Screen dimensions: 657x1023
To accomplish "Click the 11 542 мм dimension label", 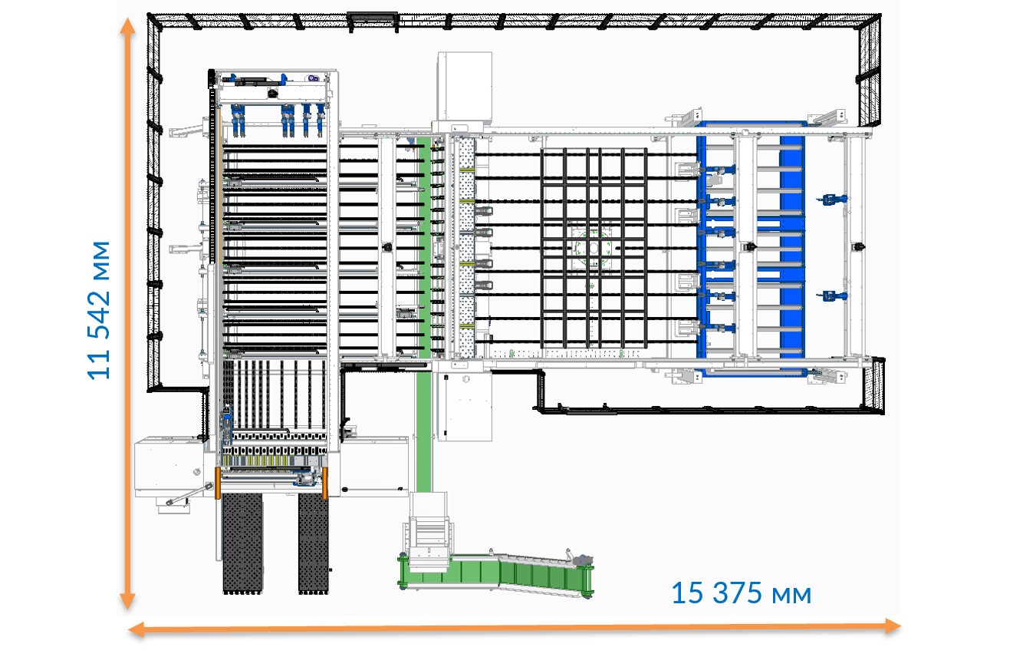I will (99, 309).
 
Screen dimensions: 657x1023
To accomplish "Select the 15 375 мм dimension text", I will (741, 593).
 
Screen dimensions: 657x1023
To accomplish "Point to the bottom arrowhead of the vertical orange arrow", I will (128, 602).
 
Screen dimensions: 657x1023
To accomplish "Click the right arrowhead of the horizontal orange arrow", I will (893, 626).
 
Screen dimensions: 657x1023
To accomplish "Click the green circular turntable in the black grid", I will (592, 248).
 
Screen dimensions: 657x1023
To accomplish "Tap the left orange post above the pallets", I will (218, 483).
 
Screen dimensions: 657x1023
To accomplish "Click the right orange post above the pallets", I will (325, 483).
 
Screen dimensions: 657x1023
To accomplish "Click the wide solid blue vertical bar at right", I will (791, 246).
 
